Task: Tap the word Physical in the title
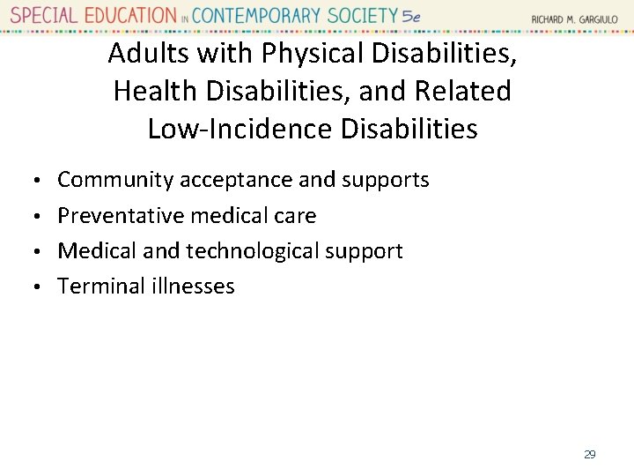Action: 312,54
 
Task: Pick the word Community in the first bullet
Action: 115,180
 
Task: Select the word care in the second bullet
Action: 297,215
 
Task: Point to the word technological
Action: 253,251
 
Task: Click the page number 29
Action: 589,454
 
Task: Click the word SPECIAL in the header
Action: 43,16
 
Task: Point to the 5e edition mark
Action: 409,16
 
